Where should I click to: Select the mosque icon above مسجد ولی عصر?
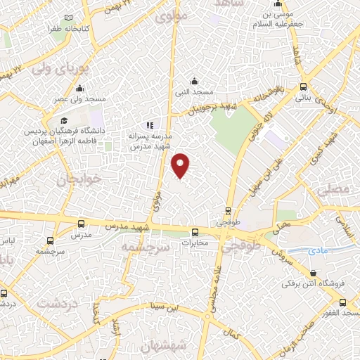point(79,89)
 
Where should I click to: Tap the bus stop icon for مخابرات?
point(195,233)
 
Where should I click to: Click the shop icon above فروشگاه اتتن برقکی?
point(312,274)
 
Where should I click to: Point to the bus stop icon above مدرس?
point(80,225)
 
